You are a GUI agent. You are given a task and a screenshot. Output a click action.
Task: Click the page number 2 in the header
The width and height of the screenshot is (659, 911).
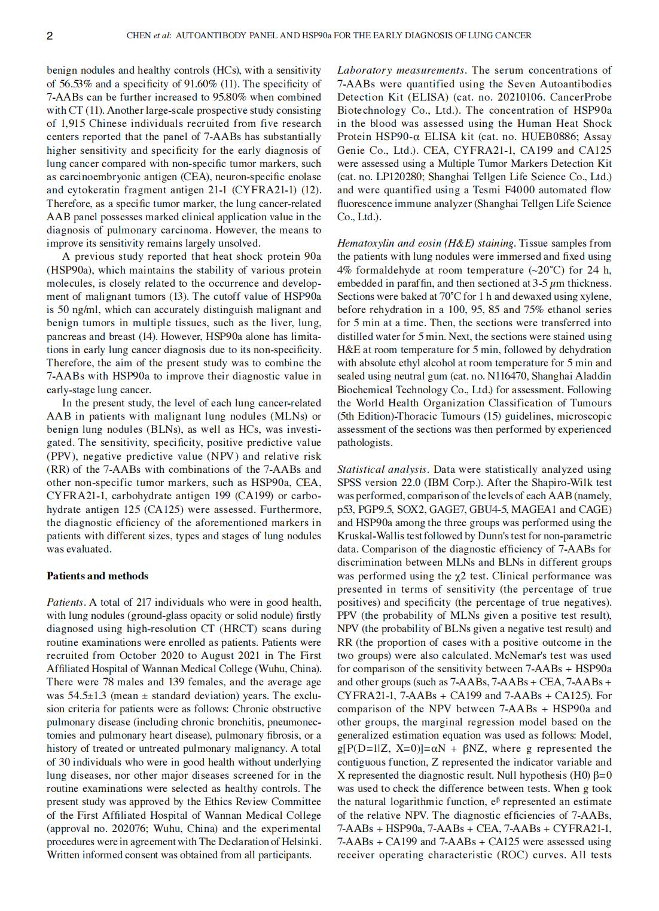[x=50, y=36]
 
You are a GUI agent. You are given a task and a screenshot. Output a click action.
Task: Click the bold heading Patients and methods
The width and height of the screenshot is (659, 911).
[x=97, y=576]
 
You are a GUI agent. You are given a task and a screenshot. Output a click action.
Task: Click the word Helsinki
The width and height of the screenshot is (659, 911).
[x=300, y=842]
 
